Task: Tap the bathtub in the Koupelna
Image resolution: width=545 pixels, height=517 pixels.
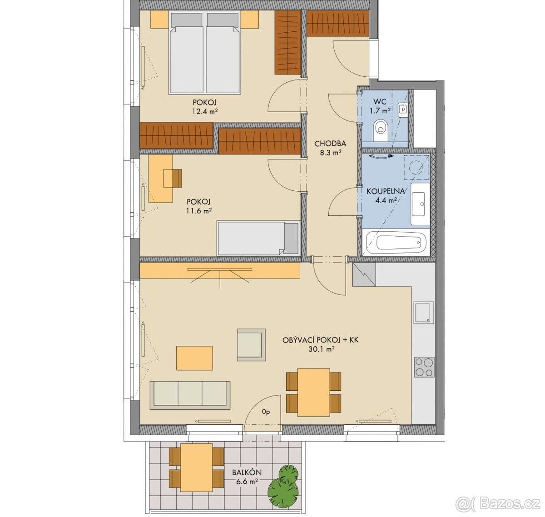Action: (x=396, y=242)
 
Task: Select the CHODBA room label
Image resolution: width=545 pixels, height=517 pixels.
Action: (x=330, y=144)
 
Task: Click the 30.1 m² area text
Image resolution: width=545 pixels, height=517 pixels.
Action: (x=321, y=349)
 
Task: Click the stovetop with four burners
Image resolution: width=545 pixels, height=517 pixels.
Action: (x=424, y=367)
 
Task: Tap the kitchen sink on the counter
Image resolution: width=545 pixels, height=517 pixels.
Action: (x=424, y=313)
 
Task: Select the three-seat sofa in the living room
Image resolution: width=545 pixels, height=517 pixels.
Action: (x=190, y=395)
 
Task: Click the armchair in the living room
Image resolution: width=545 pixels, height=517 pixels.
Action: (x=251, y=345)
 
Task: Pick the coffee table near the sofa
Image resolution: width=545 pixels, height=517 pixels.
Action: (x=194, y=358)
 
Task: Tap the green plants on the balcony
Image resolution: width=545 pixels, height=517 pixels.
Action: (x=283, y=485)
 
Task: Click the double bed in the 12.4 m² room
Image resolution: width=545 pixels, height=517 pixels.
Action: (x=205, y=53)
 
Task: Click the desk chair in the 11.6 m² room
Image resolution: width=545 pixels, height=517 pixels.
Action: (x=173, y=178)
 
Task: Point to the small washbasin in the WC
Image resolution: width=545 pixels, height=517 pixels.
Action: (x=402, y=109)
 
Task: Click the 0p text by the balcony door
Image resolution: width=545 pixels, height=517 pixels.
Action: (x=266, y=420)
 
